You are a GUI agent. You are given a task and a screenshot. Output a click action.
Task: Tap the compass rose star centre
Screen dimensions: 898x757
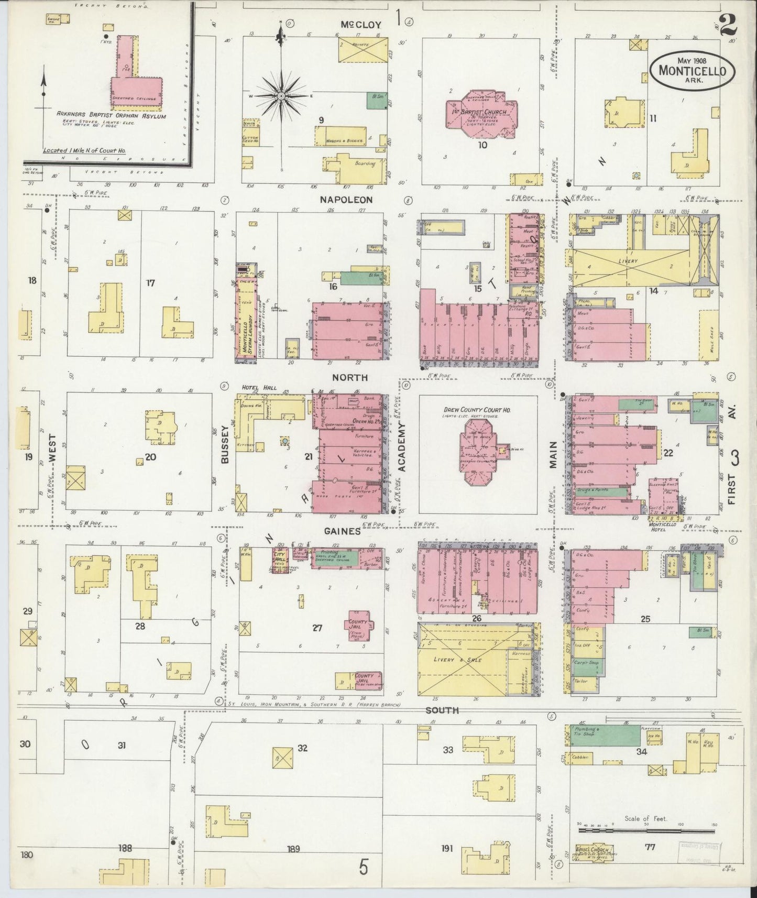pos(281,96)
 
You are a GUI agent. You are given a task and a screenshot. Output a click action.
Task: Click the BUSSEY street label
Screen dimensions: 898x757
pos(225,444)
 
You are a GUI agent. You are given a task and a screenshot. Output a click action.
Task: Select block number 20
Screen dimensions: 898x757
pos(150,457)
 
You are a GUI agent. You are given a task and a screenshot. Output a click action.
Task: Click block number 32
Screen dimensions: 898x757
pos(302,748)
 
